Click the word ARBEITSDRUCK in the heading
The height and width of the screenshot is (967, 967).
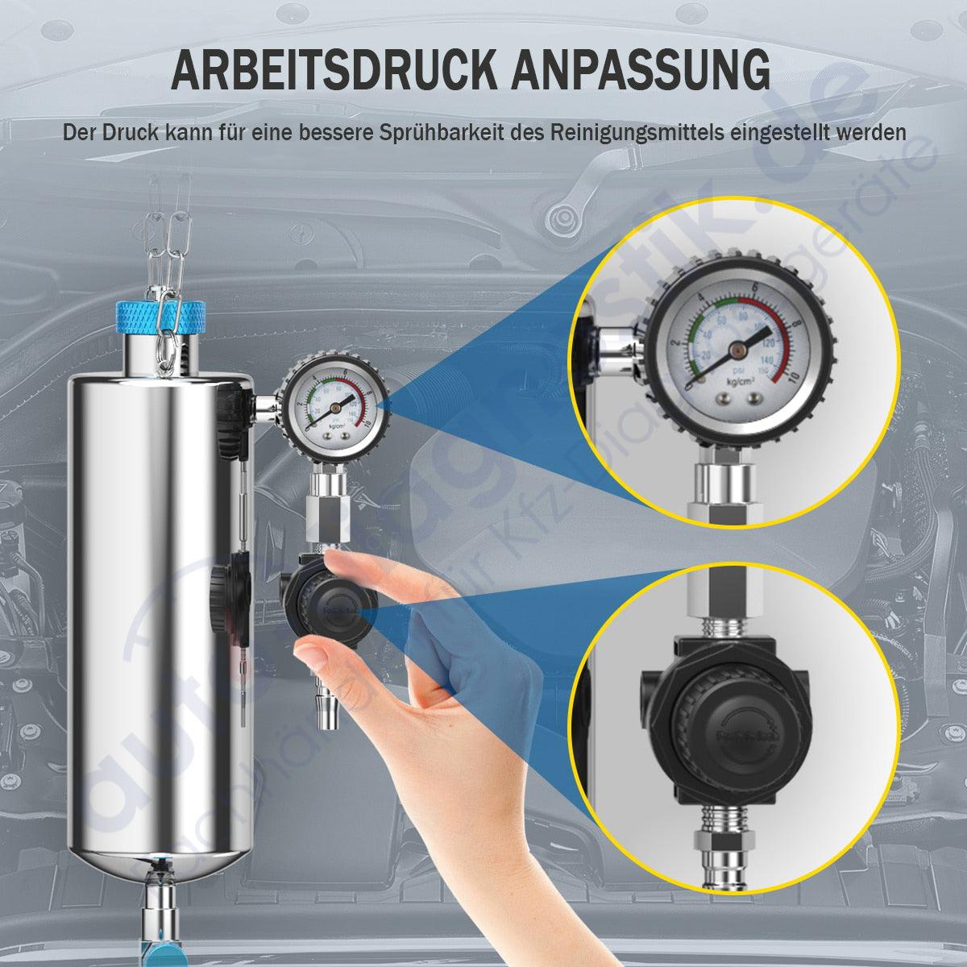(334, 70)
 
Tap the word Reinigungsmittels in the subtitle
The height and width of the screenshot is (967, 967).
(637, 131)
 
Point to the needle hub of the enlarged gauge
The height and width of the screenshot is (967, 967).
(737, 349)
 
